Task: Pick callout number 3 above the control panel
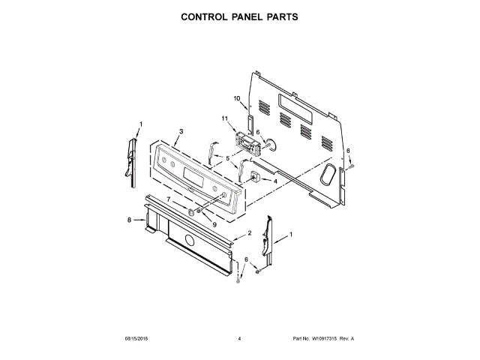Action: point(181,131)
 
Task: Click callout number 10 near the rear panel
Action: point(236,98)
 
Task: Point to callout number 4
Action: point(275,181)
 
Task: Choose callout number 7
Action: point(169,199)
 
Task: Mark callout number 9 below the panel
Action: point(214,223)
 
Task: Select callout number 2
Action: point(249,233)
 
